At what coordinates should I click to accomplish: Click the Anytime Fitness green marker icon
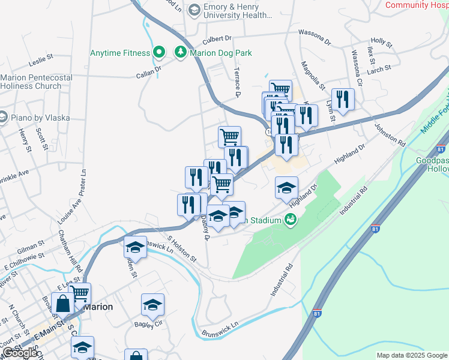pos(159,53)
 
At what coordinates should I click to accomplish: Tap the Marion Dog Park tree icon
pos(180,53)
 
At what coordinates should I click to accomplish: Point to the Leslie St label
pos(41,62)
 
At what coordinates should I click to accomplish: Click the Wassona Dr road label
pos(315,37)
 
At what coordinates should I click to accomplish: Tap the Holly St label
pos(381,44)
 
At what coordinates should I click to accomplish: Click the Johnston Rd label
pos(390,134)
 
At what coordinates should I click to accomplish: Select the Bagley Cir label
pos(149,324)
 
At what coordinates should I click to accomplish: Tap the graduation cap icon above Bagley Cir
pos(153,305)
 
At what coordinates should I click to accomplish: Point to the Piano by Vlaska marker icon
pos(2,116)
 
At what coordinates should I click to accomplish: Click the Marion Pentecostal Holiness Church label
pos(37,82)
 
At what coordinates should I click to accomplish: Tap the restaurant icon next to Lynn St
pos(343,100)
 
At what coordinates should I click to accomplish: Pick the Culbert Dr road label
pos(217,40)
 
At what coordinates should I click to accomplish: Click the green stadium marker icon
pos(291,220)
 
